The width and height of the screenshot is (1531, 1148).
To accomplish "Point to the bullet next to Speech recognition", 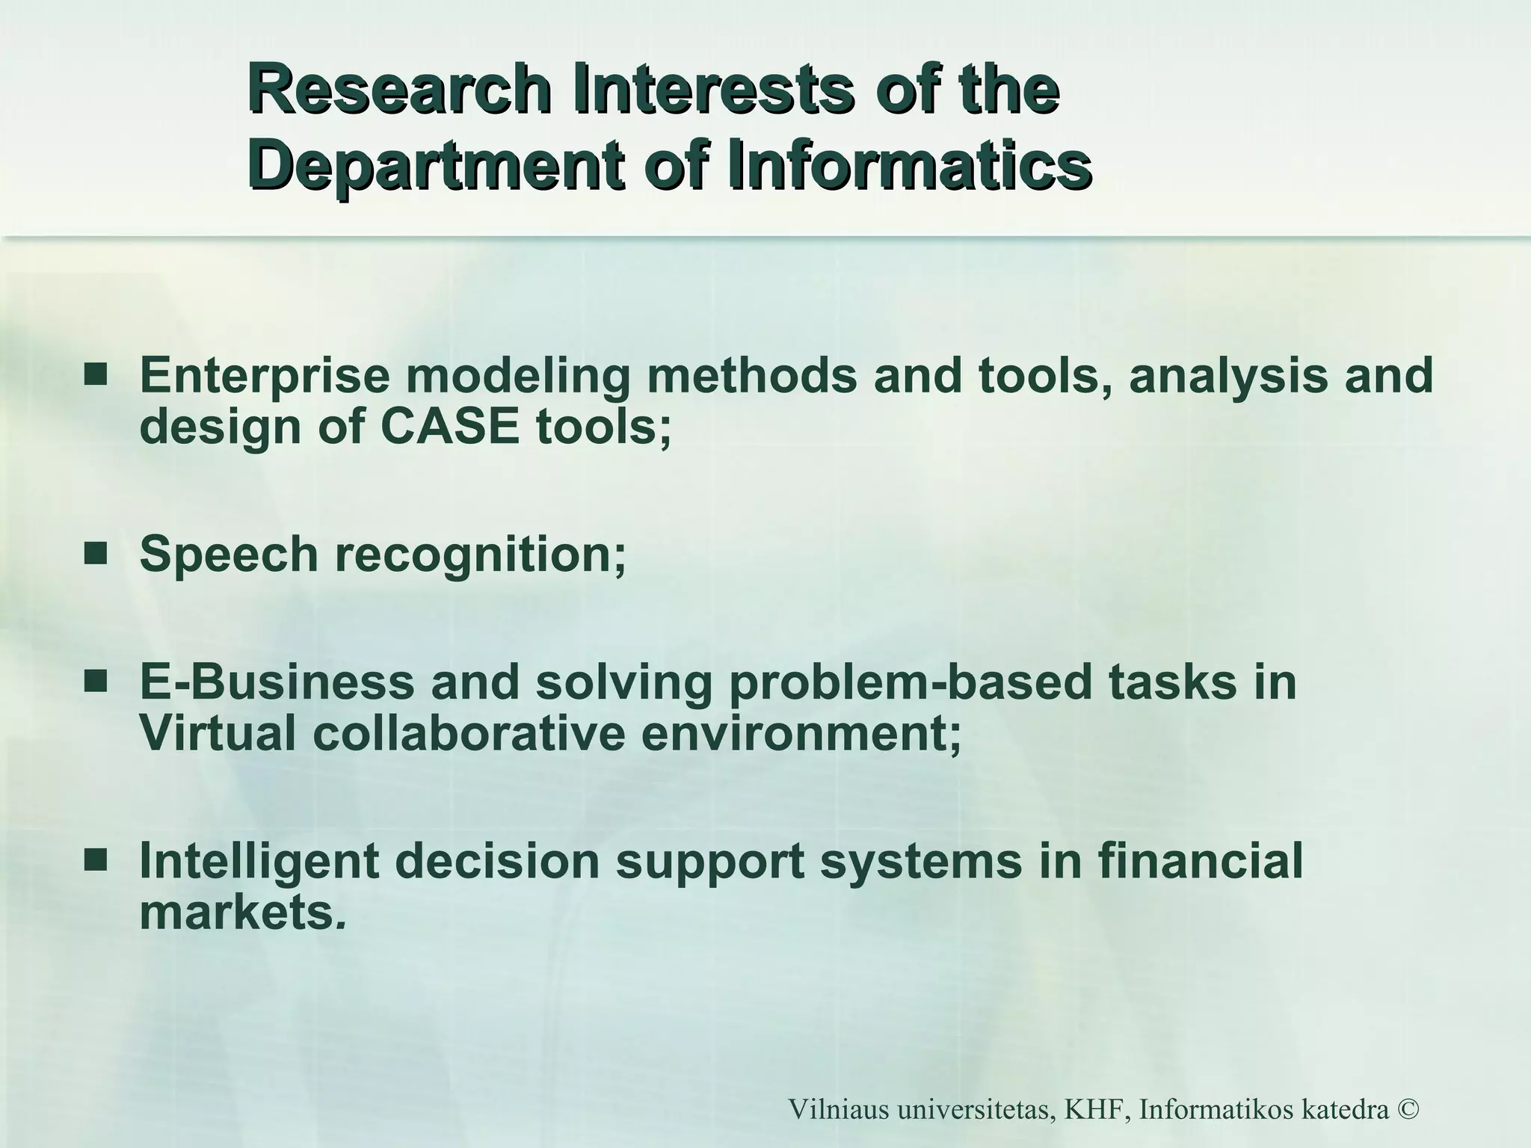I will click(x=95, y=555).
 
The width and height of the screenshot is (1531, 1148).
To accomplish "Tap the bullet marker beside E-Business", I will click(x=95, y=682).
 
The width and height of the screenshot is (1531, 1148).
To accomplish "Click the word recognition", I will click(x=479, y=555).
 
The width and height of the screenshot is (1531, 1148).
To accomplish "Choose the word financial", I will click(x=1201, y=861).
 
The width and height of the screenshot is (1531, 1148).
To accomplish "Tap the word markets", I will click(x=238, y=913).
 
